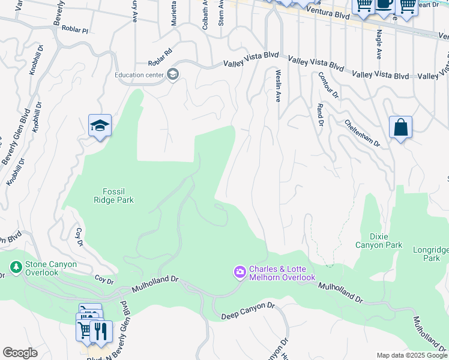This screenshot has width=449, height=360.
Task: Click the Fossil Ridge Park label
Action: click(x=113, y=196)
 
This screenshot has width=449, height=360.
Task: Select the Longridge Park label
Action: click(x=430, y=254)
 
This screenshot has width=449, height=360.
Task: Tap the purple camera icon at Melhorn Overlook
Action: click(x=240, y=273)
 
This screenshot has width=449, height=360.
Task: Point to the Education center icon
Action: click(x=173, y=74)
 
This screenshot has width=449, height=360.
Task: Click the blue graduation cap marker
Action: click(x=100, y=126)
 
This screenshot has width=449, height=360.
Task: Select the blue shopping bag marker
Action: click(x=400, y=128)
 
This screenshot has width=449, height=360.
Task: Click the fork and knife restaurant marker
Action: click(x=101, y=331)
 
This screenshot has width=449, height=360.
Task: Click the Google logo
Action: click(x=20, y=353)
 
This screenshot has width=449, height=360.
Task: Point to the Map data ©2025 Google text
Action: click(x=411, y=355)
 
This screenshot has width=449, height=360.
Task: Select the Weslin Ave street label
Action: click(x=278, y=85)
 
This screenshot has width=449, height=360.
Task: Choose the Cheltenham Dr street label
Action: click(x=363, y=133)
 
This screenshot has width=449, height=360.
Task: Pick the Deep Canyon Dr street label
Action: click(x=247, y=310)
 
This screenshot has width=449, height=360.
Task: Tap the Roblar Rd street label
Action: click(x=160, y=62)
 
